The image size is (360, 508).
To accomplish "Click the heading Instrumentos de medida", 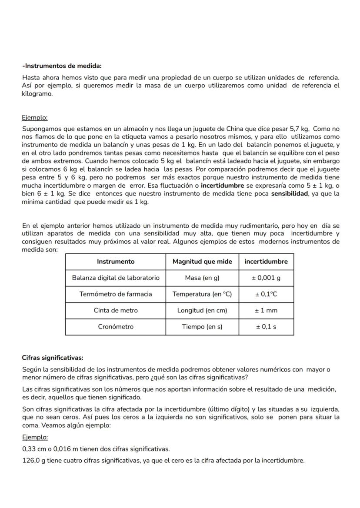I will coord(62,66).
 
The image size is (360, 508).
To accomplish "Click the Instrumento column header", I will coord(116,262).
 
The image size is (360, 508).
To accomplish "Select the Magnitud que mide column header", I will coord(202,262).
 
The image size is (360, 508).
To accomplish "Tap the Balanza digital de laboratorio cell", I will coord(116,278).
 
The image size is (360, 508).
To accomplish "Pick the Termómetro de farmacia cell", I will coord(116,294).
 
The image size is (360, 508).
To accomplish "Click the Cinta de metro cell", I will coord(116,310).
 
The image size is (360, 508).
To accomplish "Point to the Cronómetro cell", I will coord(116,327).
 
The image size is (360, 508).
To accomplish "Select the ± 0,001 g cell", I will coord(266,278).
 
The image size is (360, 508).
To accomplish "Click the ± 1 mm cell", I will coord(266,310).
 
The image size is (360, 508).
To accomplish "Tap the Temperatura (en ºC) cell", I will coord(202,294).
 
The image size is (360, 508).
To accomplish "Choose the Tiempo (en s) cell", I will coord(202,327).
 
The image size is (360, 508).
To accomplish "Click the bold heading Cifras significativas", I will coord(53,358).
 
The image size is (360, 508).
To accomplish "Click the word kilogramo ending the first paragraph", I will coord(37,93).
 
